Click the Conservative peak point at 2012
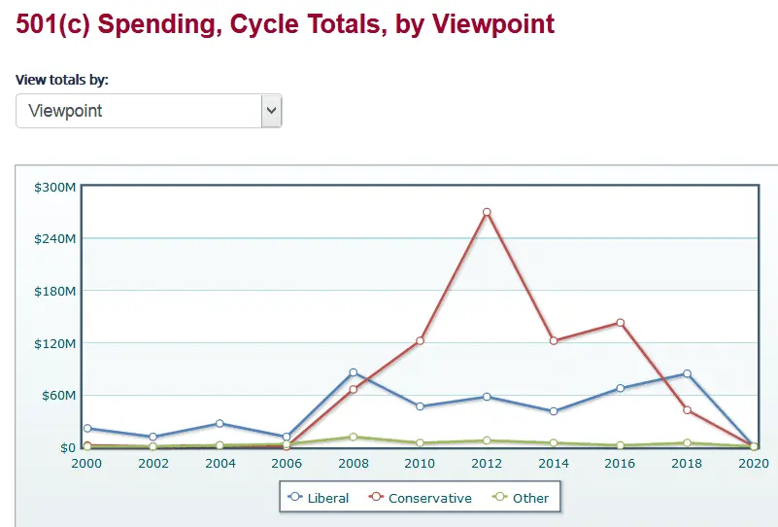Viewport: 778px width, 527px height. [487, 212]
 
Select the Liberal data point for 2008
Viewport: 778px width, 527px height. [354, 372]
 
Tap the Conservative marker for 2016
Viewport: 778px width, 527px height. [620, 323]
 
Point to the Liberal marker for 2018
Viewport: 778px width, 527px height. [687, 373]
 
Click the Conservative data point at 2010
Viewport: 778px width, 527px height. [420, 340]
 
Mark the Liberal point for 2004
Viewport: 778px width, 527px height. [220, 423]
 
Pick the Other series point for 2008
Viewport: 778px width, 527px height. [354, 437]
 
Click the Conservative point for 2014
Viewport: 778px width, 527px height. [554, 340]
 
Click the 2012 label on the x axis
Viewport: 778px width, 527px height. [487, 464]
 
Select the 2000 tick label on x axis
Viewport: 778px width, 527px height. [86, 464]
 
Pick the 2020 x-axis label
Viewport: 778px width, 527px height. [754, 464]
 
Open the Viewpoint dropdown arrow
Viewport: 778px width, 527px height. [271, 111]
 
